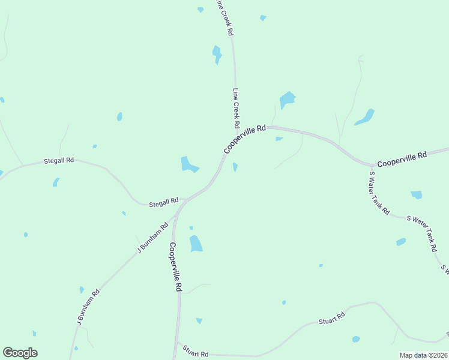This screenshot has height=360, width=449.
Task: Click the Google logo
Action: click(x=20, y=353)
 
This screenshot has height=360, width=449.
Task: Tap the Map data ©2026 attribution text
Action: click(x=424, y=355)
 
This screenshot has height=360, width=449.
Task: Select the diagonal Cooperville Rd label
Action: click(x=245, y=139)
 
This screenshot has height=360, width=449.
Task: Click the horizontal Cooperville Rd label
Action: click(x=402, y=159)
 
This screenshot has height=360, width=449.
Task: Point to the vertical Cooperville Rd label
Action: click(x=175, y=267)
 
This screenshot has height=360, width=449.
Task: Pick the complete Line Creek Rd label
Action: click(x=237, y=109)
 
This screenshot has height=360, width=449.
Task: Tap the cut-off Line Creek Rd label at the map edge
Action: click(x=224, y=18)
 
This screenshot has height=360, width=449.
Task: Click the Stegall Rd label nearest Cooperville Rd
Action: click(x=164, y=202)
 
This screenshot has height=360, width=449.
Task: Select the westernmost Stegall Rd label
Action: click(x=59, y=161)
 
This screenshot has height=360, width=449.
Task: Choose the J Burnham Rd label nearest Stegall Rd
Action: click(x=153, y=238)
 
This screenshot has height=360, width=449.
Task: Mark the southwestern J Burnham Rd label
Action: click(x=88, y=308)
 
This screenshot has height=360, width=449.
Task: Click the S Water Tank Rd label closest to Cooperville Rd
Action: click(x=379, y=193)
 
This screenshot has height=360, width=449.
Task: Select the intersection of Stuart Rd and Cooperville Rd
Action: click(x=176, y=343)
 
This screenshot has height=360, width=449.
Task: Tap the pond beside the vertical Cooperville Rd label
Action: click(x=196, y=244)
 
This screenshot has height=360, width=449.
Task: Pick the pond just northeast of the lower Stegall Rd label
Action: click(x=189, y=164)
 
